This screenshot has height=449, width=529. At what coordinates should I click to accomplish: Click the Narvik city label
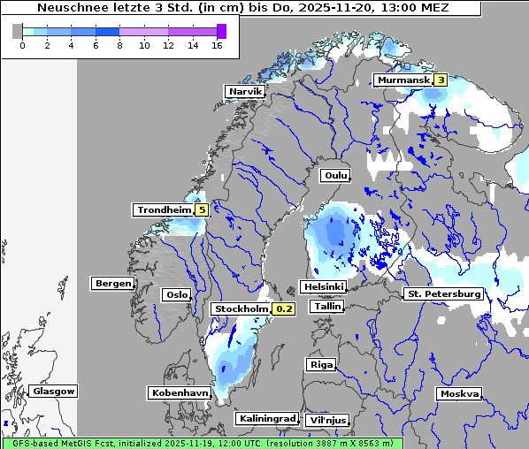pyautogui.click(x=246, y=91)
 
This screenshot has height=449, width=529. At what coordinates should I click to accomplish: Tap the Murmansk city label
pyautogui.click(x=402, y=80)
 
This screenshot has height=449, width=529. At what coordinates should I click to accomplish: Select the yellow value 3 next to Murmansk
pyautogui.click(x=440, y=80)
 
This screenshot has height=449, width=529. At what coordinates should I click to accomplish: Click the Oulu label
pyautogui.click(x=334, y=175)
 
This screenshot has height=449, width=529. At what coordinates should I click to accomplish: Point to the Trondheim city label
pyautogui.click(x=163, y=209)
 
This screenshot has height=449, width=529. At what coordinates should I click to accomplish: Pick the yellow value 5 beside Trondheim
pyautogui.click(x=203, y=209)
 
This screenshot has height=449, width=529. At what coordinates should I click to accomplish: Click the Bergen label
pyautogui.click(x=111, y=284)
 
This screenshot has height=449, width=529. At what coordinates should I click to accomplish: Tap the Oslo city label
pyautogui.click(x=176, y=294)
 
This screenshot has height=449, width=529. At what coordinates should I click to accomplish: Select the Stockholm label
pyautogui.click(x=241, y=308)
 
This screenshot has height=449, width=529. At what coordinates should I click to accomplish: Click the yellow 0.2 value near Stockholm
pyautogui.click(x=283, y=308)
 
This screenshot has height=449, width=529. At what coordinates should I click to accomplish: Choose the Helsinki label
pyautogui.click(x=323, y=286)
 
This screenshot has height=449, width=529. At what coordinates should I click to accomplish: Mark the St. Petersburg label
pyautogui.click(x=442, y=293)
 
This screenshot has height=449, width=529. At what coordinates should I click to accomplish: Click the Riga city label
pyautogui.click(x=320, y=364)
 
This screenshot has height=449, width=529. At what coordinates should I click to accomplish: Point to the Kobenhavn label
pyautogui.click(x=179, y=392)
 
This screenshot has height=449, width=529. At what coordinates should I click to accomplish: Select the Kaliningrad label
pyautogui.click(x=266, y=418)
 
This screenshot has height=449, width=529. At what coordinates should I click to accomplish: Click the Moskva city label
pyautogui.click(x=459, y=393)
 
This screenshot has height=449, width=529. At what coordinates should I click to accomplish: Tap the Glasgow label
pyautogui.click(x=53, y=391)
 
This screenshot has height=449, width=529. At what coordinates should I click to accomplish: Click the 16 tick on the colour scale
pyautogui.click(x=217, y=45)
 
